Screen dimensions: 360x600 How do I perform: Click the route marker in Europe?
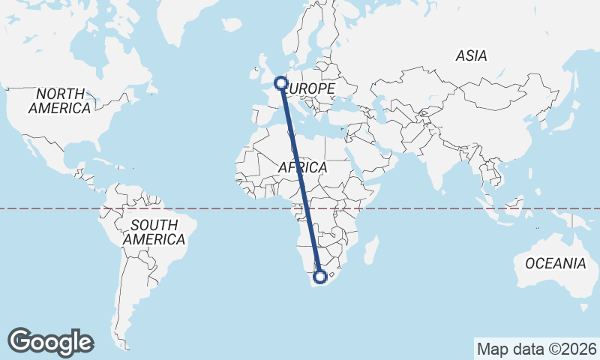281,83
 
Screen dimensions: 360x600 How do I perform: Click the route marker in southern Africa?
320,277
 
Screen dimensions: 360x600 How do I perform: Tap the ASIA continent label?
471,55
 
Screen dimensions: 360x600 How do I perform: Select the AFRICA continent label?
302,168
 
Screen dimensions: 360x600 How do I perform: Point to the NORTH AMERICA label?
60,100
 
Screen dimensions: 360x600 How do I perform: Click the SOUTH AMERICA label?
154,232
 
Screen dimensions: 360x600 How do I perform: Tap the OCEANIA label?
556,263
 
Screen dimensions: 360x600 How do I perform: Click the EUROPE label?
310,89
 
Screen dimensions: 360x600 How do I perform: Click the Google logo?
50,341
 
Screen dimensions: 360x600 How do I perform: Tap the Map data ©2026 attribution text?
536,349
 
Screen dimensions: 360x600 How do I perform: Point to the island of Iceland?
232,25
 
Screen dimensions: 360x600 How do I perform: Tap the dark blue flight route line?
301,180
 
